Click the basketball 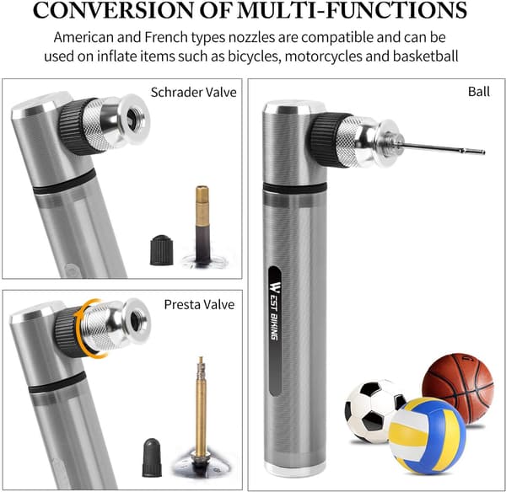coord(458,387)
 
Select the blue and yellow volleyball coord(427,436)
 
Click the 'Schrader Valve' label coord(194,93)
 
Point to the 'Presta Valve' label coord(199,304)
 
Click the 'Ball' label coord(479,92)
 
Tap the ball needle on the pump coord(442,148)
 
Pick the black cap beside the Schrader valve coord(161,250)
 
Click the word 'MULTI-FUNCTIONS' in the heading coord(352,10)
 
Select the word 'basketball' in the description coord(425,56)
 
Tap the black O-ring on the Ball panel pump coord(295,188)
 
